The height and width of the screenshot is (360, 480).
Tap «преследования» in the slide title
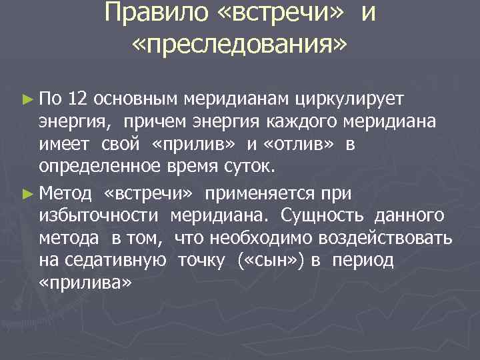pyautogui.click(x=239, y=45)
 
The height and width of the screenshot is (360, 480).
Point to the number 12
pyautogui.click(x=77, y=99)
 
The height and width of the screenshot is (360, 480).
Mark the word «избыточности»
pyautogui.click(x=99, y=215)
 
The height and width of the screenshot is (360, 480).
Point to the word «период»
pyautogui.click(x=364, y=261)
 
